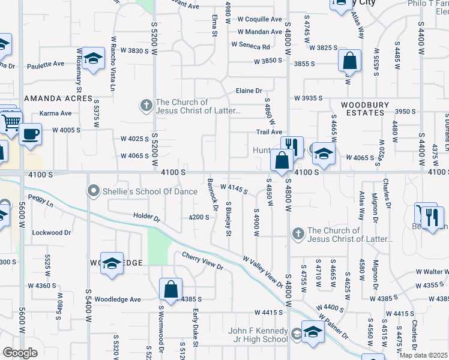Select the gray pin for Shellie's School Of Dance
(x=93, y=191)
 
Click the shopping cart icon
(x=11, y=123)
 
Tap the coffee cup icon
(x=30, y=134)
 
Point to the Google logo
(x=20, y=353)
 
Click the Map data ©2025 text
(x=423, y=355)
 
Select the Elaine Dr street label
(x=249, y=91)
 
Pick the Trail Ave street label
(x=269, y=132)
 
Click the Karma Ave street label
(x=55, y=113)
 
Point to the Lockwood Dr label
(x=51, y=232)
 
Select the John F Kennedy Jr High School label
(x=259, y=335)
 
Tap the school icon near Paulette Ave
(x=93, y=58)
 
